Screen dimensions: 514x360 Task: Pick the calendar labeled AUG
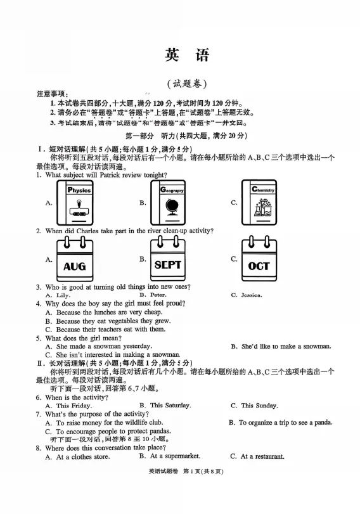point(75,260)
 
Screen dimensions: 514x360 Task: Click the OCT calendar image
point(259,260)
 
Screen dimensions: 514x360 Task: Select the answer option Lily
point(63,295)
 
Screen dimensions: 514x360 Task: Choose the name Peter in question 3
point(158,295)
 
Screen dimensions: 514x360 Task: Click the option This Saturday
point(170,405)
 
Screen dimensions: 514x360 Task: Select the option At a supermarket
point(174,456)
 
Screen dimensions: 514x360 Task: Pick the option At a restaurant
point(262,456)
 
